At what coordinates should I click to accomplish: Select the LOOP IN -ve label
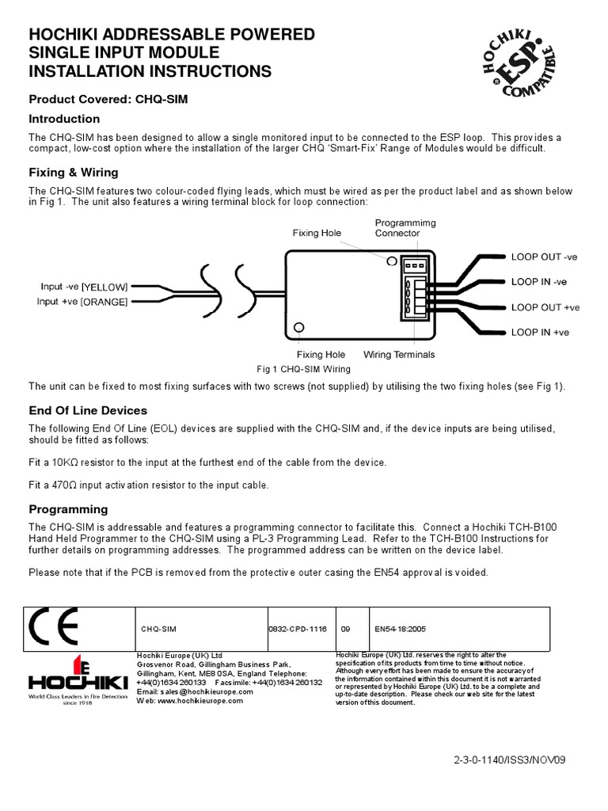(538, 282)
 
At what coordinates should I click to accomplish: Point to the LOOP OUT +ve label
(545, 307)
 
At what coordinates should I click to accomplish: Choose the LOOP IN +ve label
(540, 333)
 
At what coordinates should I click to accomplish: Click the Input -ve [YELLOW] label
(84, 287)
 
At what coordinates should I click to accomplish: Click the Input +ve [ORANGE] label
(82, 302)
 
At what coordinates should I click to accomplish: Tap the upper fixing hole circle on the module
(391, 261)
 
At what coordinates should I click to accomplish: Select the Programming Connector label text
(405, 228)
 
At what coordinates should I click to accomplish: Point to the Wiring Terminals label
(398, 355)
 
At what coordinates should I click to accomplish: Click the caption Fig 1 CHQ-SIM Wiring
(303, 369)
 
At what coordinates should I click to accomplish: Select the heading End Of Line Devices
(88, 410)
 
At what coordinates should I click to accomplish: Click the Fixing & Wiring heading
(74, 172)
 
